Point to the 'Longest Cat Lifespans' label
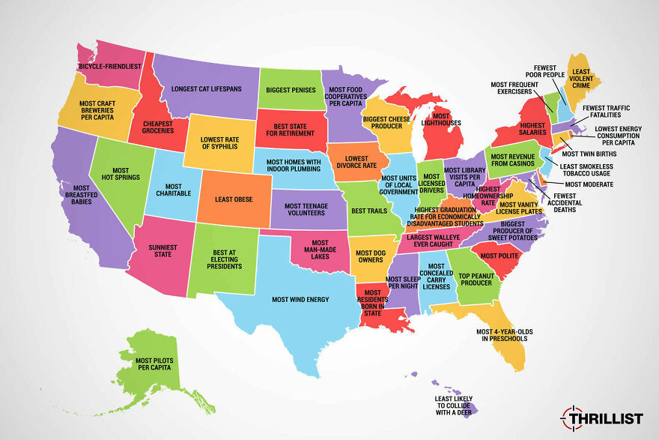pos(206,88)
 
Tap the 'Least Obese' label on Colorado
pos(232,199)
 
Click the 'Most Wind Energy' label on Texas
pos(300,300)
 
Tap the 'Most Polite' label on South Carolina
pos(500,256)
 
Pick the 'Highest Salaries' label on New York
pos(532,130)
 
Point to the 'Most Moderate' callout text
pos(589,184)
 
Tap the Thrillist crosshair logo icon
pos(572,417)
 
